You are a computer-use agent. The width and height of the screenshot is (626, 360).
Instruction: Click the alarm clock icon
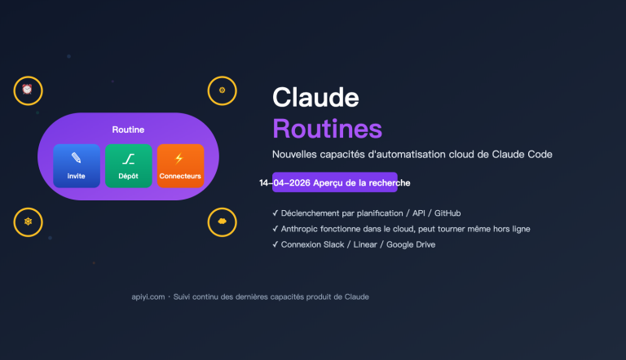(x=27, y=90)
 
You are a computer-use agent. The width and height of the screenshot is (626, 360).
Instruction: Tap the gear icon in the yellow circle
(x=222, y=90)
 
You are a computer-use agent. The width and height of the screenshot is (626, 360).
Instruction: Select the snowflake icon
(x=27, y=222)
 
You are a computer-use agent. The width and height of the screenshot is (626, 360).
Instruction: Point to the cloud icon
(x=222, y=222)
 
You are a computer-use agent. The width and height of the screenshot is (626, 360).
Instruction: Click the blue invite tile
(x=77, y=165)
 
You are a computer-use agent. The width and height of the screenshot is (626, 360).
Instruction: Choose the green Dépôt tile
(x=128, y=165)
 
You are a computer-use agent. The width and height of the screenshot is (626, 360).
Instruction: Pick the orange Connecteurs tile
(x=180, y=165)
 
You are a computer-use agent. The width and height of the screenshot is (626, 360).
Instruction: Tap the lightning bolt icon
(x=179, y=158)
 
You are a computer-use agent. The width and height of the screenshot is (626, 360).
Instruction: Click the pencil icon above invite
(x=77, y=158)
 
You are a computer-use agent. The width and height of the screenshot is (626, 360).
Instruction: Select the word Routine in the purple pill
(x=128, y=130)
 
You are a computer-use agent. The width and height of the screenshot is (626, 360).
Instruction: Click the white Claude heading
(x=315, y=97)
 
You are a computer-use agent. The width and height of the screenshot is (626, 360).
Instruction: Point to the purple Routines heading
(x=327, y=128)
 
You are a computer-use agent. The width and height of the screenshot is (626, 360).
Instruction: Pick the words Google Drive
(x=412, y=244)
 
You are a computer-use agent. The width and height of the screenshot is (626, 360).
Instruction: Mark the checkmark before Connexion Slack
(x=276, y=244)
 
